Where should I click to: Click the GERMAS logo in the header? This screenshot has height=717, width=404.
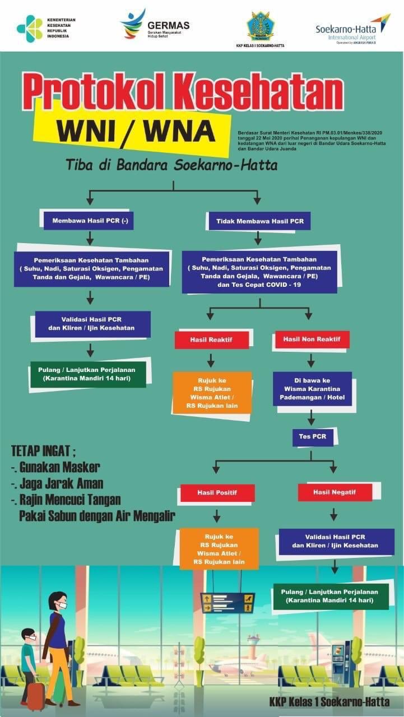133,24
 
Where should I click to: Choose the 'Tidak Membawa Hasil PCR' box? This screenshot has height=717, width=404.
260,221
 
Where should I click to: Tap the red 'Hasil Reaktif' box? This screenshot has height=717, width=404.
211,339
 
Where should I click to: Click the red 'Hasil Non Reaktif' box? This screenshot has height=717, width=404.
312,339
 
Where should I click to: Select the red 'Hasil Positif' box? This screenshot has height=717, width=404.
217,493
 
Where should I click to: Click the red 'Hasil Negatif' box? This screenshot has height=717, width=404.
335,492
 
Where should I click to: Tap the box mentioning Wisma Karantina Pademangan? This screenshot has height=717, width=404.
312,389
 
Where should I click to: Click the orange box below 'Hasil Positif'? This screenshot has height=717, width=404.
219,548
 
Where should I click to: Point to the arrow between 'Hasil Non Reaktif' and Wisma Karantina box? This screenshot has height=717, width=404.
311,360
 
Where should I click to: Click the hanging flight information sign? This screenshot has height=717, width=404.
227,603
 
